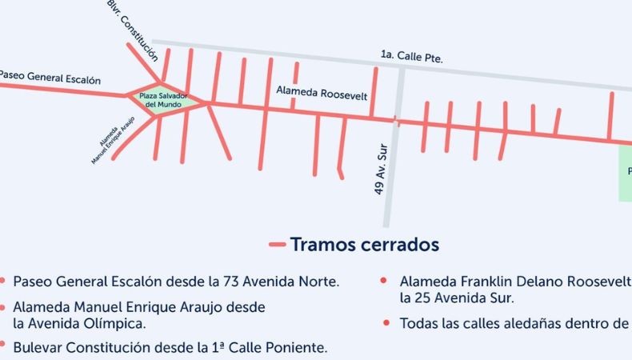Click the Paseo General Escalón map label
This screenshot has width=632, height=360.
click(x=50, y=78)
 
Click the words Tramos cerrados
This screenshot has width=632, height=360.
click(x=364, y=244)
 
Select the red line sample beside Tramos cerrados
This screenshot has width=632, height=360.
click(x=278, y=244)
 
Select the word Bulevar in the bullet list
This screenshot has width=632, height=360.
click(x=38, y=348)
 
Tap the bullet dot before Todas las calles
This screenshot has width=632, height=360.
click(x=386, y=323)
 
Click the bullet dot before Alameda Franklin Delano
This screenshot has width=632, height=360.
click(x=386, y=282)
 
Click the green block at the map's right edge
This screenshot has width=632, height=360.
click(x=625, y=173)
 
